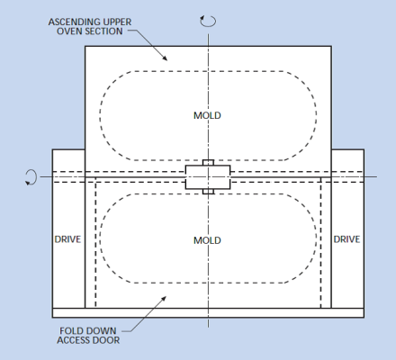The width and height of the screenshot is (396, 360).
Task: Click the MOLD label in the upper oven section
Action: pos(207,115)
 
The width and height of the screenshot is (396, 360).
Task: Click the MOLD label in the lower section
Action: pos(207,240)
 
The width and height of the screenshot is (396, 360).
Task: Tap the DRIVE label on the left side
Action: pos(67,239)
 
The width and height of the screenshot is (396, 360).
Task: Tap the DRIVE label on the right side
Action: pos(346,239)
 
